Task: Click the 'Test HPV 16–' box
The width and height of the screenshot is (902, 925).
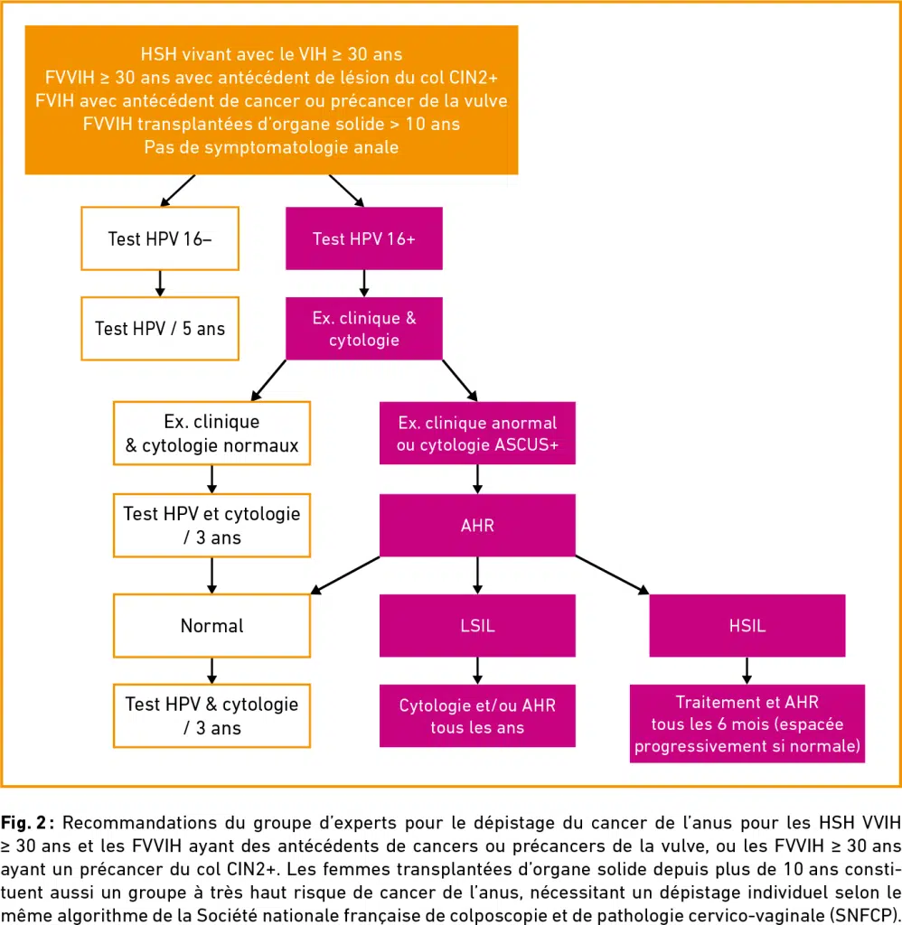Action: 160,238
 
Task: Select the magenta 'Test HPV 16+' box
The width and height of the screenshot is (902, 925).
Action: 364,238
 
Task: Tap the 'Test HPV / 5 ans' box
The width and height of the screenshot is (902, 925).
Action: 160,329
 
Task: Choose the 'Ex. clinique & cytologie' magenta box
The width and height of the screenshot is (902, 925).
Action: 364,329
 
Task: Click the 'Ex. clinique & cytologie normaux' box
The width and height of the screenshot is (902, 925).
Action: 211,433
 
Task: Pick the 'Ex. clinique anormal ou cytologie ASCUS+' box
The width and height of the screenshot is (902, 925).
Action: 477,433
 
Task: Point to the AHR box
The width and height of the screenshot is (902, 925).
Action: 477,525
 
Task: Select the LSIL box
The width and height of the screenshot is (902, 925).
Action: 477,625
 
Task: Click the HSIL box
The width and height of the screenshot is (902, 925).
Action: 747,625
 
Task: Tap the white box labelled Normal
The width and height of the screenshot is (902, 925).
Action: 211,625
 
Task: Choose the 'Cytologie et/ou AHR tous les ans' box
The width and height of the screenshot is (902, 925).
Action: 477,715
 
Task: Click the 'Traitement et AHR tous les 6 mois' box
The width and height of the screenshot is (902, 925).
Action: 747,724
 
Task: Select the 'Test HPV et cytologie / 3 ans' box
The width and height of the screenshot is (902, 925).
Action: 211,525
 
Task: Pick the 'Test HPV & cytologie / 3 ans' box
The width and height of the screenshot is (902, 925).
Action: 211,715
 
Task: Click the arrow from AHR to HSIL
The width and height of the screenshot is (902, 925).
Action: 612,575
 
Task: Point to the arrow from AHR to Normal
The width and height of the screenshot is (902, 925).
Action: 345,575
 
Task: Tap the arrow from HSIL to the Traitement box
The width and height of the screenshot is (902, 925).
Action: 747,670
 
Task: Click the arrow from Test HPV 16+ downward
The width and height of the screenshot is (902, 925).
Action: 364,284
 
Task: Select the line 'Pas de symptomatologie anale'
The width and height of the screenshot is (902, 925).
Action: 271,147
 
